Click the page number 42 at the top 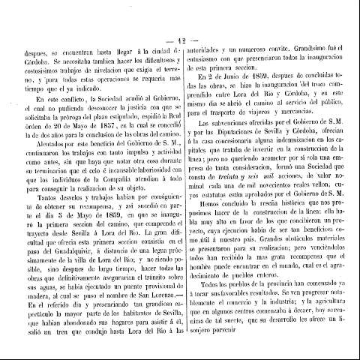click(x=181, y=21)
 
